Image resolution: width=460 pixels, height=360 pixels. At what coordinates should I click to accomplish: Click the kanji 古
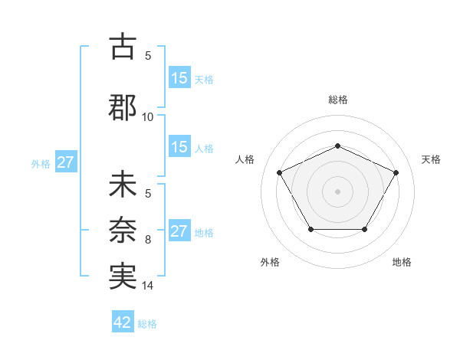pyautogui.click(x=122, y=47)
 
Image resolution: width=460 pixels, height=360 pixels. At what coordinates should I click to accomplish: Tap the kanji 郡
pyautogui.click(x=122, y=106)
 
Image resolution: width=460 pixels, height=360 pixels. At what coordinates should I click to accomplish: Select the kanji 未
pyautogui.click(x=122, y=187)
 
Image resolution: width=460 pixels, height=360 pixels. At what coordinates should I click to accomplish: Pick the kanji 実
pyautogui.click(x=122, y=274)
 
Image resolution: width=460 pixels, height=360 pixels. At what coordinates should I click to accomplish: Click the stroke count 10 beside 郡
pyautogui.click(x=148, y=116)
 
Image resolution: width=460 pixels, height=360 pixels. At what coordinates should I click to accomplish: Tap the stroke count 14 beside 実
pyautogui.click(x=148, y=286)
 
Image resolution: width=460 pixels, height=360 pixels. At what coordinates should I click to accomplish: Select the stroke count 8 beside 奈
pyautogui.click(x=148, y=240)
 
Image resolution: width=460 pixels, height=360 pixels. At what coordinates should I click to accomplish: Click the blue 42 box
pyautogui.click(x=123, y=322)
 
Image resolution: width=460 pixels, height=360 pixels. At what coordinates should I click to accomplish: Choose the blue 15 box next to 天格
pyautogui.click(x=179, y=77)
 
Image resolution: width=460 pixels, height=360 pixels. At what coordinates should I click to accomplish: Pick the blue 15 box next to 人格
pyautogui.click(x=179, y=147)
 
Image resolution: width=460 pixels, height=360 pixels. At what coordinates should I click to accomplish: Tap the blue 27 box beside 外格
pyautogui.click(x=65, y=162)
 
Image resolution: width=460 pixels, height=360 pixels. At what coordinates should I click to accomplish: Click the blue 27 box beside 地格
pyautogui.click(x=179, y=231)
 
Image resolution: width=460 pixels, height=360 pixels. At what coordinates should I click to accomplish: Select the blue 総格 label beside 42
pyautogui.click(x=147, y=324)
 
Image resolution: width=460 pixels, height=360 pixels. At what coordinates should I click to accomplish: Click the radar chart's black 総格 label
pyautogui.click(x=338, y=100)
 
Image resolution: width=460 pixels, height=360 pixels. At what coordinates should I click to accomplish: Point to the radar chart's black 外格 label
pyautogui.click(x=270, y=262)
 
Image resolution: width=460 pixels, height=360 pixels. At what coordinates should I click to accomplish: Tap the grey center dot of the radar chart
pyautogui.click(x=338, y=191)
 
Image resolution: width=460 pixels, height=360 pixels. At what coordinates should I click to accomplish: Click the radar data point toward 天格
pyautogui.click(x=396, y=172)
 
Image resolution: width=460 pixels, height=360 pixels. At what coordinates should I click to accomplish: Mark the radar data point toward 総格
pyautogui.click(x=338, y=146)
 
